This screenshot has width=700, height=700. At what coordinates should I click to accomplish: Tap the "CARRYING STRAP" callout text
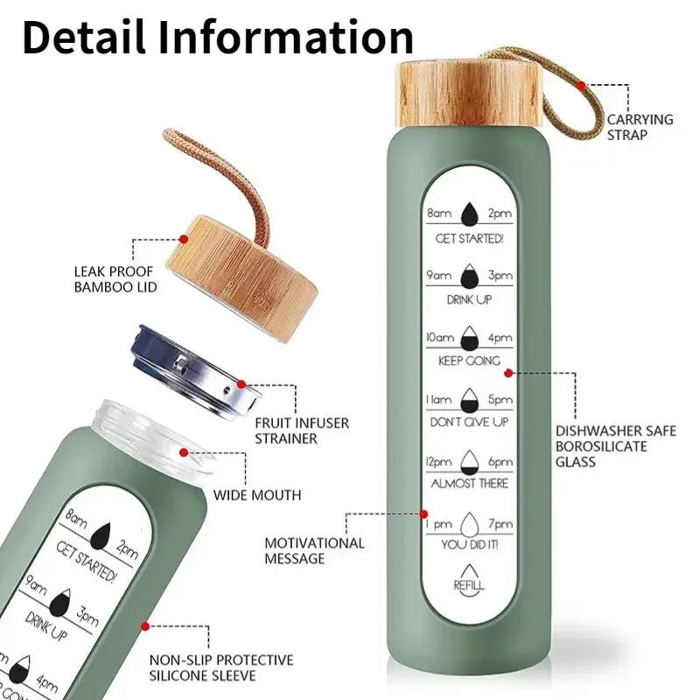point(640,127)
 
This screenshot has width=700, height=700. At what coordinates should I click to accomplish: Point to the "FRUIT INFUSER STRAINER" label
point(301,430)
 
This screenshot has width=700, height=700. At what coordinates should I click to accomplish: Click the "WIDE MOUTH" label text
point(257,495)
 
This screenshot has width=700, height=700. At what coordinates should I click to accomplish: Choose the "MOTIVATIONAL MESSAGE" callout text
point(314,550)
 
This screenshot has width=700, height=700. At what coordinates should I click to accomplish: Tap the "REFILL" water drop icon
point(468,578)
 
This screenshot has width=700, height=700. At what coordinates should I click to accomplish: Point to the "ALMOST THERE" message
point(468,483)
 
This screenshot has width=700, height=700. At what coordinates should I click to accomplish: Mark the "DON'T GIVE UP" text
point(468,422)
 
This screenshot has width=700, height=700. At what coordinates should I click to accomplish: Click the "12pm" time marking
point(437,462)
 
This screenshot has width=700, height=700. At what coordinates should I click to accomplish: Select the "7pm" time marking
point(500,524)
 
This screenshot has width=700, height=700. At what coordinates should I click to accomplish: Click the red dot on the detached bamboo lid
point(184,239)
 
